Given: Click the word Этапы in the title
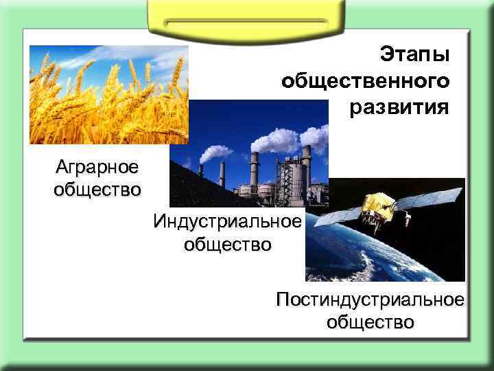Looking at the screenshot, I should click(414, 54).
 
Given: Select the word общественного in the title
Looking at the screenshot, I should click(366, 81).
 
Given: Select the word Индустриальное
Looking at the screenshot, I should click(227, 222).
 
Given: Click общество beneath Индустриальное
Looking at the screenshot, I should click(227, 244).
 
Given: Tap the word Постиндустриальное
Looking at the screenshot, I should click(370, 300).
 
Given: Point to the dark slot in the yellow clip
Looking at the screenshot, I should click(246, 23).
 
